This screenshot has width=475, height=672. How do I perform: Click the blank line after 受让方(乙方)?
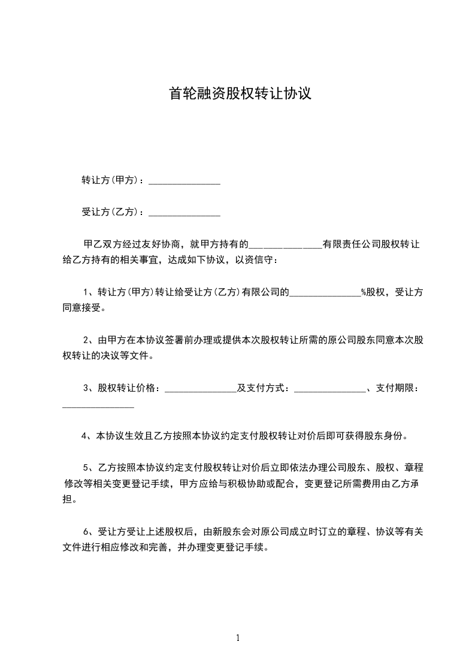(x=184, y=213)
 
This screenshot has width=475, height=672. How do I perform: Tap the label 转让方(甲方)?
(x=110, y=180)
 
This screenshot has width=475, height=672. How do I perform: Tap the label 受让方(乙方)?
(x=110, y=212)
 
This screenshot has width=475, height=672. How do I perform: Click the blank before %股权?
(x=325, y=293)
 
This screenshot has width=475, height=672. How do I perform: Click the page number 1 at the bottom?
(x=238, y=638)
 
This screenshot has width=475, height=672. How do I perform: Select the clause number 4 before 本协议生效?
(x=84, y=436)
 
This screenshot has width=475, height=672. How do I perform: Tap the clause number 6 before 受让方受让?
(x=86, y=531)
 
